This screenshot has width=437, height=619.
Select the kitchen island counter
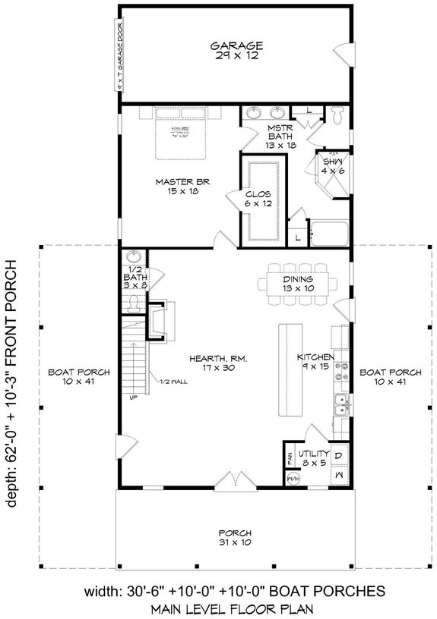[290, 368]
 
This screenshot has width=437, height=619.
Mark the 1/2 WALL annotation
[174, 382]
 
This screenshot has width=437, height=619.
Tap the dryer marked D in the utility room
[340, 455]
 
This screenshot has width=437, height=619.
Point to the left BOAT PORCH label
[80, 377]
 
